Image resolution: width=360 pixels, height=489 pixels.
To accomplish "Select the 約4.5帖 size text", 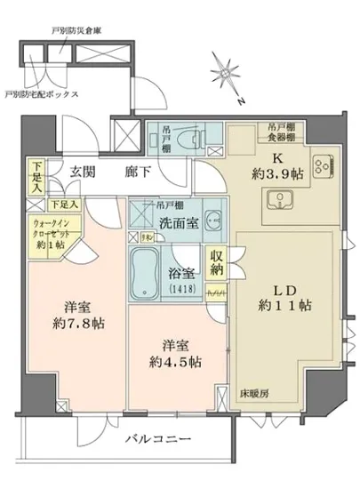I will click(175, 362).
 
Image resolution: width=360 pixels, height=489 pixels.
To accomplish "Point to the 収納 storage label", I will click(218, 264).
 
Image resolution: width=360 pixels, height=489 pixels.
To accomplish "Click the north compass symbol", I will click(225, 73).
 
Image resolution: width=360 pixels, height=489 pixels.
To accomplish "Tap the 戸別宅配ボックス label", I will click(41, 93).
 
